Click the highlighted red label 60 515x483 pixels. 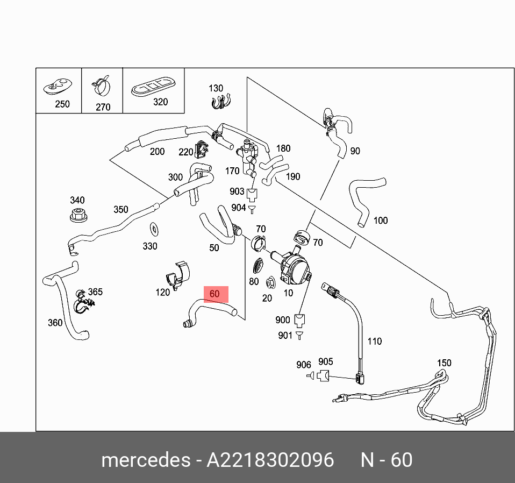(x=214, y=294)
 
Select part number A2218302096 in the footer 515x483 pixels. (x=270, y=460)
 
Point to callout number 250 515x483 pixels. (x=62, y=104)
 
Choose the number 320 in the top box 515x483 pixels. (x=160, y=102)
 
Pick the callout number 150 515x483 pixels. (x=444, y=363)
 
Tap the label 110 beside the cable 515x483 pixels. (x=374, y=341)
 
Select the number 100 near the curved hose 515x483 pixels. (x=380, y=220)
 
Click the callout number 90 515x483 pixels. (x=355, y=151)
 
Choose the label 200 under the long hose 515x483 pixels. (x=157, y=152)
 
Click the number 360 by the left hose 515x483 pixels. (x=55, y=323)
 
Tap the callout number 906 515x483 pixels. (x=304, y=365)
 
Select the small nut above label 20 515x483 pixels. (x=270, y=281)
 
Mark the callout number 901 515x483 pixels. (x=285, y=336)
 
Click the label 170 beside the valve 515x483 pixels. (x=232, y=171)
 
